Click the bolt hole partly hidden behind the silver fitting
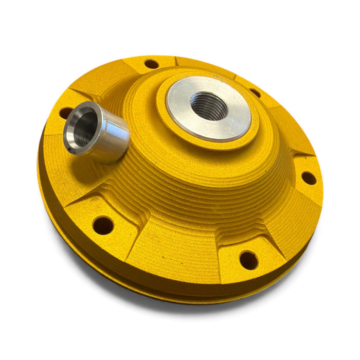(x=65, y=112)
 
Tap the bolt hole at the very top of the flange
(x=151, y=64)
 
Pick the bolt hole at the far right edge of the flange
(x=309, y=178)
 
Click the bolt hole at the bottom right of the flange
(x=248, y=260)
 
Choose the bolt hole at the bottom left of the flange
(x=103, y=225)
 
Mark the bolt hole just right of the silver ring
(x=255, y=93)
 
